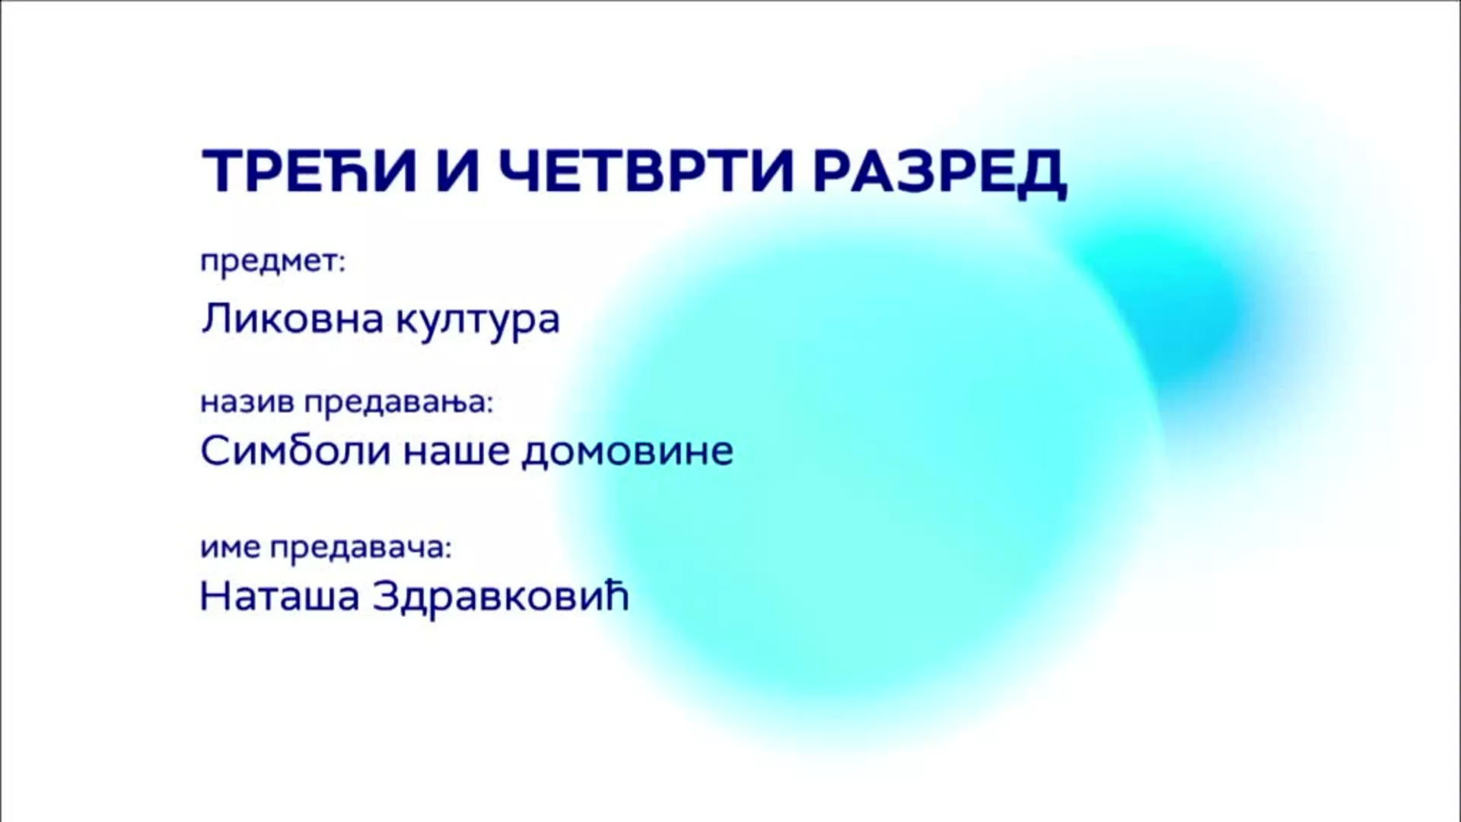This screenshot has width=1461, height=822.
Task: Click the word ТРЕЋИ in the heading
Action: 310,170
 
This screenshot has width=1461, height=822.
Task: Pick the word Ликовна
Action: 292,318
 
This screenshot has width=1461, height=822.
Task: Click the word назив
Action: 247,402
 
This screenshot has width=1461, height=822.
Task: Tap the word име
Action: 231,548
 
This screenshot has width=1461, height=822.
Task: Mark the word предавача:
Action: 361,550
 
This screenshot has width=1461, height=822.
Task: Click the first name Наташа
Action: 279,597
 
